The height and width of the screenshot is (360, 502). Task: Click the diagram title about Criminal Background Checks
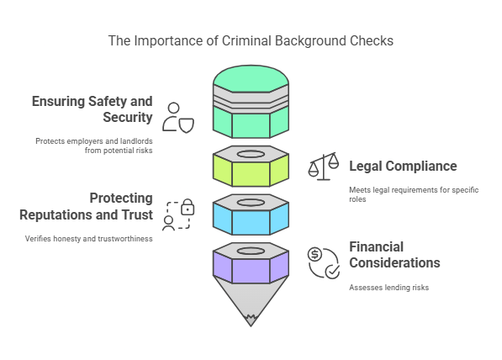pyautogui.click(x=251, y=40)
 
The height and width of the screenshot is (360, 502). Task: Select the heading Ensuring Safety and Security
pyautogui.click(x=92, y=109)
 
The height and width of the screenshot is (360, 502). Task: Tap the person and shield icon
pyautogui.click(x=178, y=118)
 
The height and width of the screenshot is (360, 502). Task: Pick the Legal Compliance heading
pyautogui.click(x=403, y=166)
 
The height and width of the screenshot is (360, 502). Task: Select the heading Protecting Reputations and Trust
pyautogui.click(x=87, y=206)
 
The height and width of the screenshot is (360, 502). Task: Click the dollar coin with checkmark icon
pyautogui.click(x=323, y=262)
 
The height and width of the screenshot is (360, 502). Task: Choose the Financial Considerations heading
pyautogui.click(x=394, y=255)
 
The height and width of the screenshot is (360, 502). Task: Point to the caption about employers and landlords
pyautogui.click(x=93, y=145)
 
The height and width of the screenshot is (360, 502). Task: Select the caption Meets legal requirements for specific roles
pyautogui.click(x=413, y=194)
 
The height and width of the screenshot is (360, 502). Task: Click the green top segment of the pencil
pyautogui.click(x=251, y=118)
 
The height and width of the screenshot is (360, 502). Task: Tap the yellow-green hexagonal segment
pyautogui.click(x=251, y=172)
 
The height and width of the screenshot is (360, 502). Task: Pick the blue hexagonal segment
pyautogui.click(x=251, y=220)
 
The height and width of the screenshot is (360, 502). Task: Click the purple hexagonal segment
pyautogui.click(x=251, y=269)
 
